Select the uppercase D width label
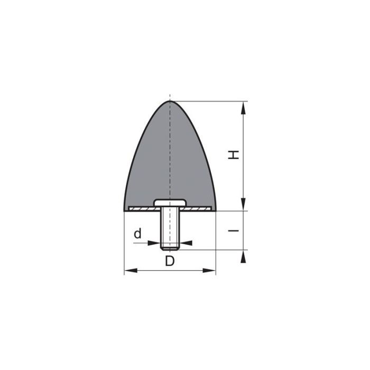click(x=169, y=261)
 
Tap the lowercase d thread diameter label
click(x=137, y=233)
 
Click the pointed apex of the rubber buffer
click(x=170, y=101)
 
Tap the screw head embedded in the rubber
click(x=170, y=203)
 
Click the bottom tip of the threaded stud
click(x=170, y=248)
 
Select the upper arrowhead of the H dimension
click(x=243, y=107)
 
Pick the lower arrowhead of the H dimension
click(x=243, y=205)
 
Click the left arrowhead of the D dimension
click(x=129, y=271)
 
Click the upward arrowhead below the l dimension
click(x=243, y=256)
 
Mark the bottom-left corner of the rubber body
click(x=124, y=211)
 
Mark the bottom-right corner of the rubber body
click(x=216, y=211)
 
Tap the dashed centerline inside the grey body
click(x=170, y=153)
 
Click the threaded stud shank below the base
click(x=170, y=227)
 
